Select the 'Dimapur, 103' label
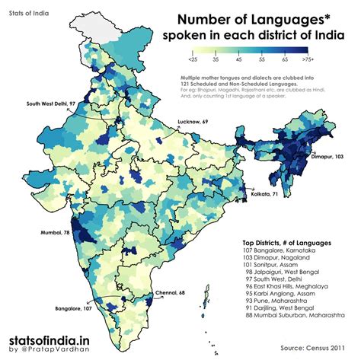pos(330,155)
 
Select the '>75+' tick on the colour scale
pos(309,59)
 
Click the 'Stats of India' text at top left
pos(25,14)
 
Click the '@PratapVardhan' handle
pos(56,350)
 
